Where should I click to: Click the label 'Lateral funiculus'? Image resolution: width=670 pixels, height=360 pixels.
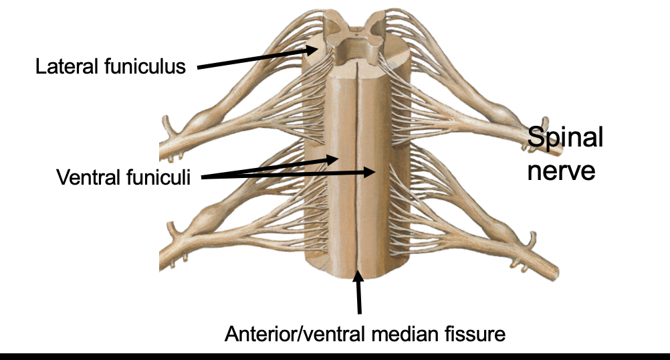click(110, 67)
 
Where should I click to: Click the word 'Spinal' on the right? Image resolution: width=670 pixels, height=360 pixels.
click(565, 139)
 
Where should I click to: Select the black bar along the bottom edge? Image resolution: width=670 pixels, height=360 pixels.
click(334, 354)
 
